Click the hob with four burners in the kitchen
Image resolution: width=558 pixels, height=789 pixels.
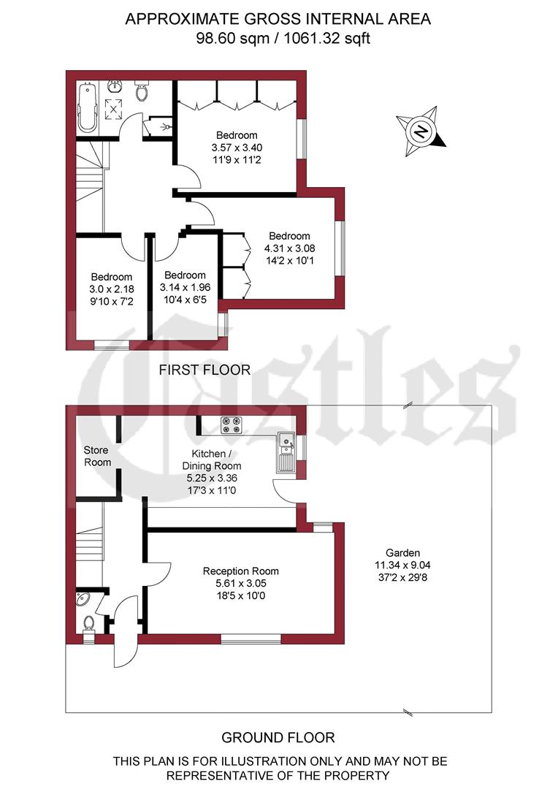tap(232, 424)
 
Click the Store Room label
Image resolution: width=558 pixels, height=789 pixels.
tap(97, 456)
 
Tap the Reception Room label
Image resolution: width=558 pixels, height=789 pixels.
tap(241, 571)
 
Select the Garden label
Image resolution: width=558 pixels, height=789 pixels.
tap(404, 553)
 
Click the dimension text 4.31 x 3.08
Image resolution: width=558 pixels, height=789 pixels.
tap(289, 248)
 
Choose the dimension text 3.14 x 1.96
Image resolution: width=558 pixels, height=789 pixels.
tap(185, 289)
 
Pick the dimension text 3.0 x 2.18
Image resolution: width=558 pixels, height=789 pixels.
tap(112, 289)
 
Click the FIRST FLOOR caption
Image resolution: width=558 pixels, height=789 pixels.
tap(205, 370)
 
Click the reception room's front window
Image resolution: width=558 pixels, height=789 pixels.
tap(251, 640)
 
